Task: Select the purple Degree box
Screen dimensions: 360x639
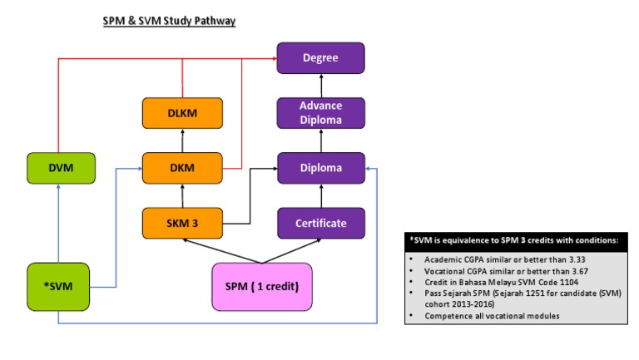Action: click(x=320, y=58)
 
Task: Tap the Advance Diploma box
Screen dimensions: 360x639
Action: click(x=320, y=113)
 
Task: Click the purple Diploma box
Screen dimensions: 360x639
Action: click(x=320, y=168)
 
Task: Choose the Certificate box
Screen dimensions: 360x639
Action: click(x=320, y=223)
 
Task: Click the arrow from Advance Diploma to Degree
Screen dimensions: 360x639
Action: click(x=320, y=86)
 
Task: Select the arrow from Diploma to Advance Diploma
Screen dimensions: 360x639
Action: click(x=320, y=141)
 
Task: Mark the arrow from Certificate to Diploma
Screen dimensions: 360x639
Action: click(x=320, y=195)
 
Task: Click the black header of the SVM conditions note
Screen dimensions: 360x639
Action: click(x=516, y=240)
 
